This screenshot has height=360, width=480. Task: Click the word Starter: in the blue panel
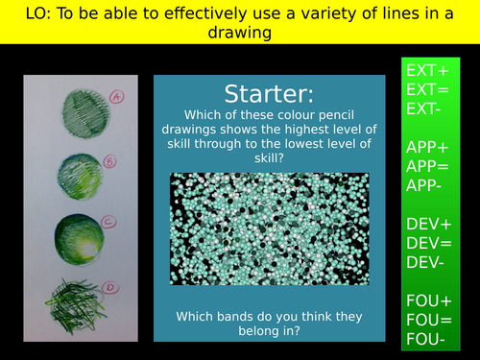[x=268, y=94]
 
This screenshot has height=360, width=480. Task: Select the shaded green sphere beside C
[x=78, y=237]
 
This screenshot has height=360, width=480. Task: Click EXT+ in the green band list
[x=428, y=71]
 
